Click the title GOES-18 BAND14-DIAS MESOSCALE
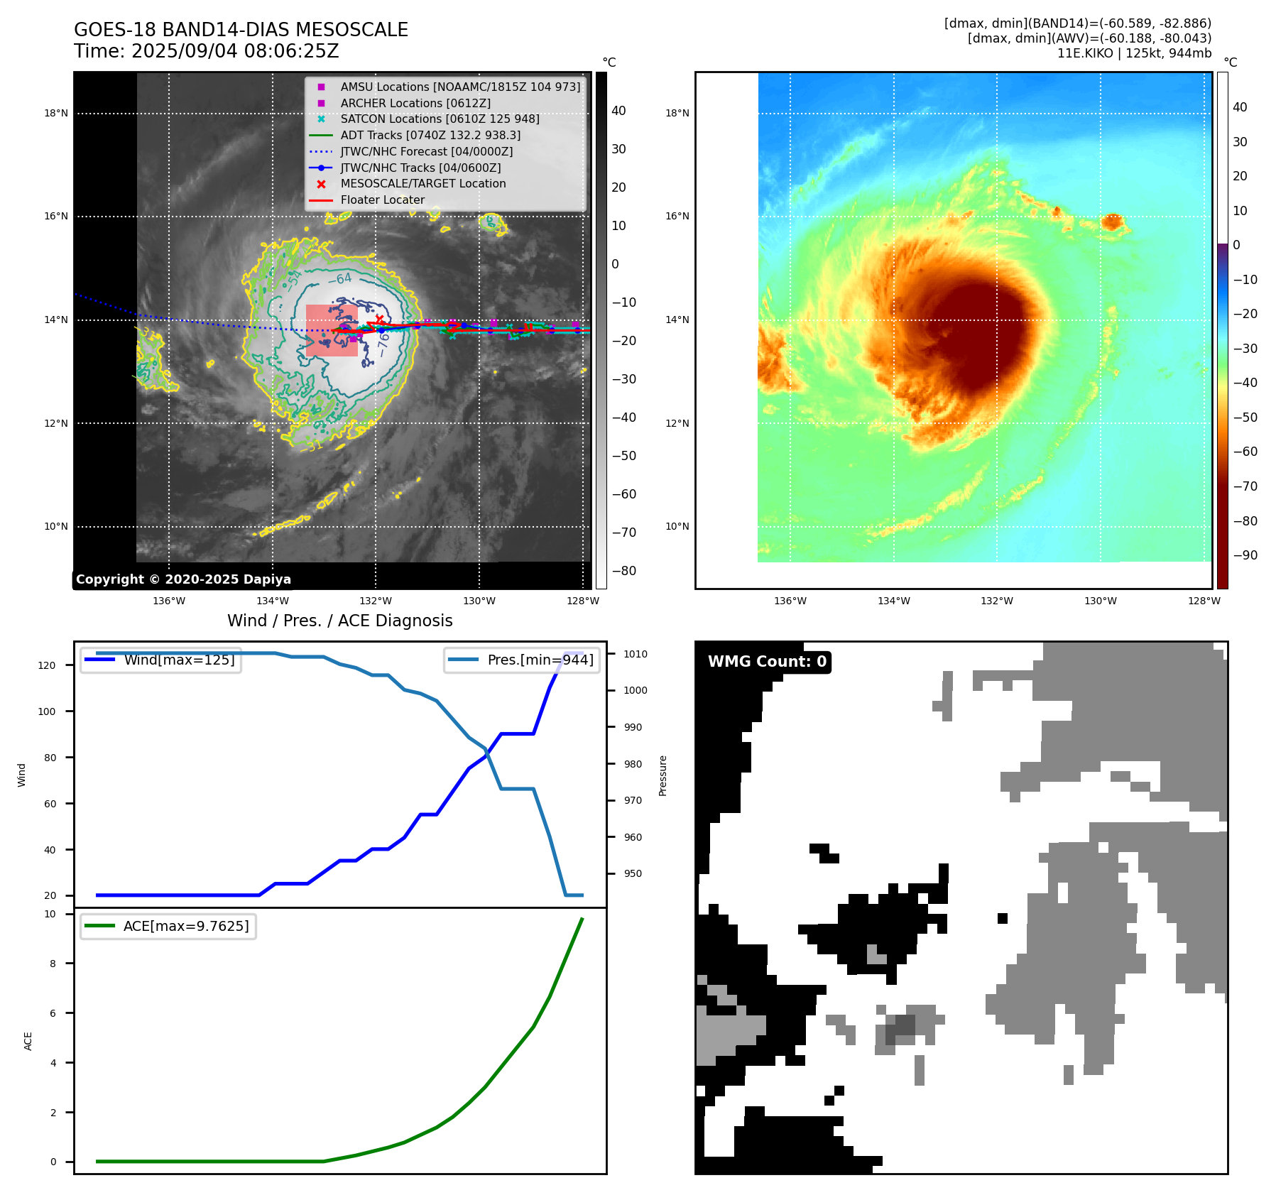point(241,30)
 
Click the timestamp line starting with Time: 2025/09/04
point(206,51)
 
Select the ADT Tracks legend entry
point(430,135)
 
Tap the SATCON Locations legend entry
point(440,119)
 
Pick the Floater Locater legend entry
point(382,200)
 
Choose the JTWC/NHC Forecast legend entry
point(426,151)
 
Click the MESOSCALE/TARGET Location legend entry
point(423,183)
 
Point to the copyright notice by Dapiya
point(183,579)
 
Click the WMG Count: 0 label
point(767,662)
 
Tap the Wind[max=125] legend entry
point(179,660)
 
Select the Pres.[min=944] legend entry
point(540,660)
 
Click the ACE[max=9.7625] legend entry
point(186,926)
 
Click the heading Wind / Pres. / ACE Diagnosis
point(339,621)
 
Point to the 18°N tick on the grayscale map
point(56,113)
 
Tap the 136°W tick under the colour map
point(790,601)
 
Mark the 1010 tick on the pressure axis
point(636,654)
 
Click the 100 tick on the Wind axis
point(46,711)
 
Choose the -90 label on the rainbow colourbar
point(1245,555)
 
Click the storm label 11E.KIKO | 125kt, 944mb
point(1134,53)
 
